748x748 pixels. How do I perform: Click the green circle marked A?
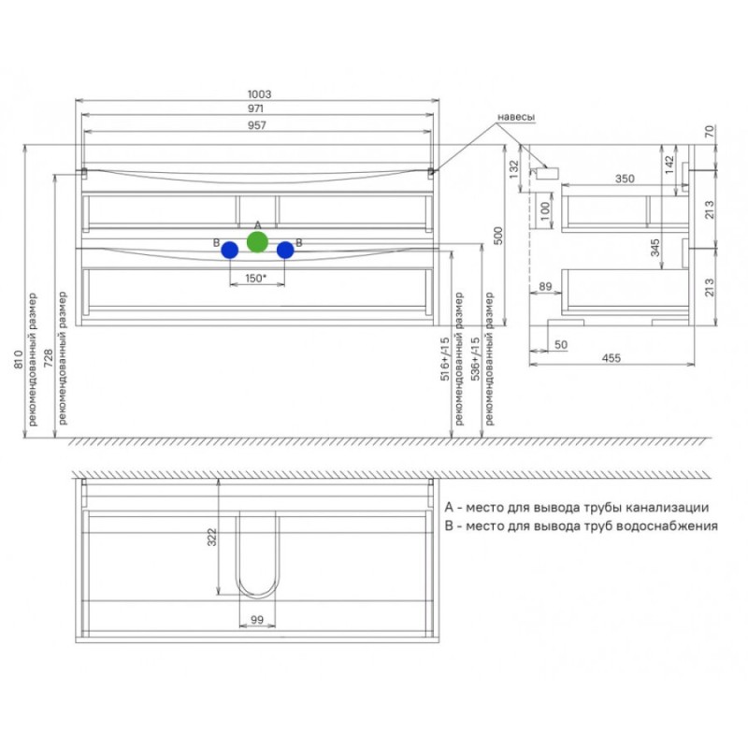257,242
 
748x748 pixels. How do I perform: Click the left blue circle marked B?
230,250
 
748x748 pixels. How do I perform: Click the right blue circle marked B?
285,250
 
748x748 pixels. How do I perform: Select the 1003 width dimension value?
260,94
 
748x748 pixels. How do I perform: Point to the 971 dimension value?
255,108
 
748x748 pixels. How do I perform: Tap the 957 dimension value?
256,125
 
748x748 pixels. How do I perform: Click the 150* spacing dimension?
255,278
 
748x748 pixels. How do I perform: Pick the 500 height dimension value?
498,236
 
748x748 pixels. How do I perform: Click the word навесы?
516,117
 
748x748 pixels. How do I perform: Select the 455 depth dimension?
611,358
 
